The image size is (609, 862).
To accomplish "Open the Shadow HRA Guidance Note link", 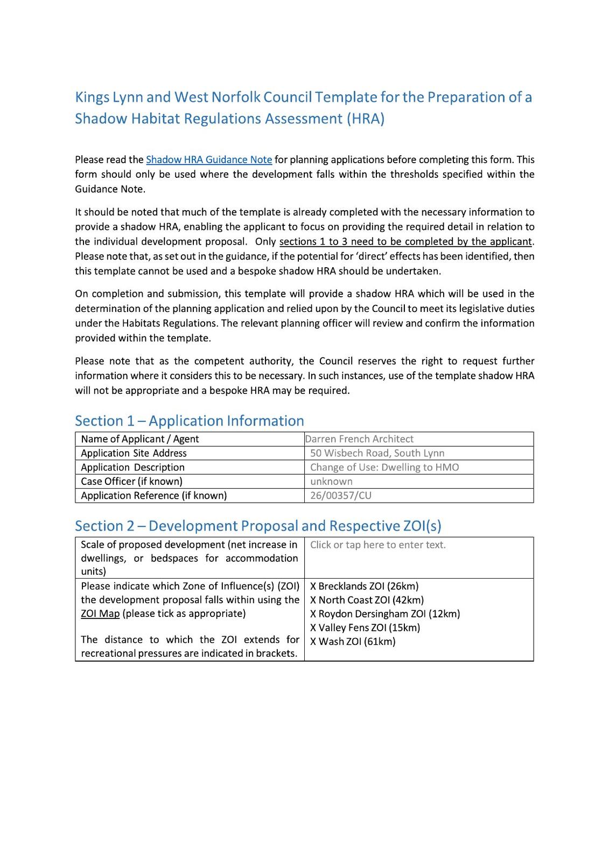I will pos(209,159).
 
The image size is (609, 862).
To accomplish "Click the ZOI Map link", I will pos(100,614).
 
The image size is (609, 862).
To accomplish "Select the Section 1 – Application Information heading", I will pos(189,421).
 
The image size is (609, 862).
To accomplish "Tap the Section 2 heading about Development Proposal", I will pos(258,526).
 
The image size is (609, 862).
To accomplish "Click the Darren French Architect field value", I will pos(359,439).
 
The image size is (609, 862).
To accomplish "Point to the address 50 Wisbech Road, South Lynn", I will pos(377,453).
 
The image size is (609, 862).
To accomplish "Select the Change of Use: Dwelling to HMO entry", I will pos(384,467).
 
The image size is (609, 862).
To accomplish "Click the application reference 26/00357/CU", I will pos(341,496).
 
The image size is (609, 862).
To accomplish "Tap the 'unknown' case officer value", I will pos(331,481).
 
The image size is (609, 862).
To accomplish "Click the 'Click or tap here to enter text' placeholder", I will pos(377,545).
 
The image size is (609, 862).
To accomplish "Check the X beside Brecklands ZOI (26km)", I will pos(313,586).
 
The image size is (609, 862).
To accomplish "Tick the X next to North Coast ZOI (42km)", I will pos(313,600).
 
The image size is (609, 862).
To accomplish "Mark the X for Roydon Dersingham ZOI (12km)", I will pos(313,614).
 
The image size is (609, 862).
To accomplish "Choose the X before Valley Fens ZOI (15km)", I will pos(313,628).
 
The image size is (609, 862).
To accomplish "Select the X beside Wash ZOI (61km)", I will pos(313,642).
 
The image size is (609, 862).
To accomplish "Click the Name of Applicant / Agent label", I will pos(139,439).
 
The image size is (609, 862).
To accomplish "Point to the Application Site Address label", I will pos(134,453).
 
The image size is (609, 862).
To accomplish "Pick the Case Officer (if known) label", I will pos(131,481).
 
